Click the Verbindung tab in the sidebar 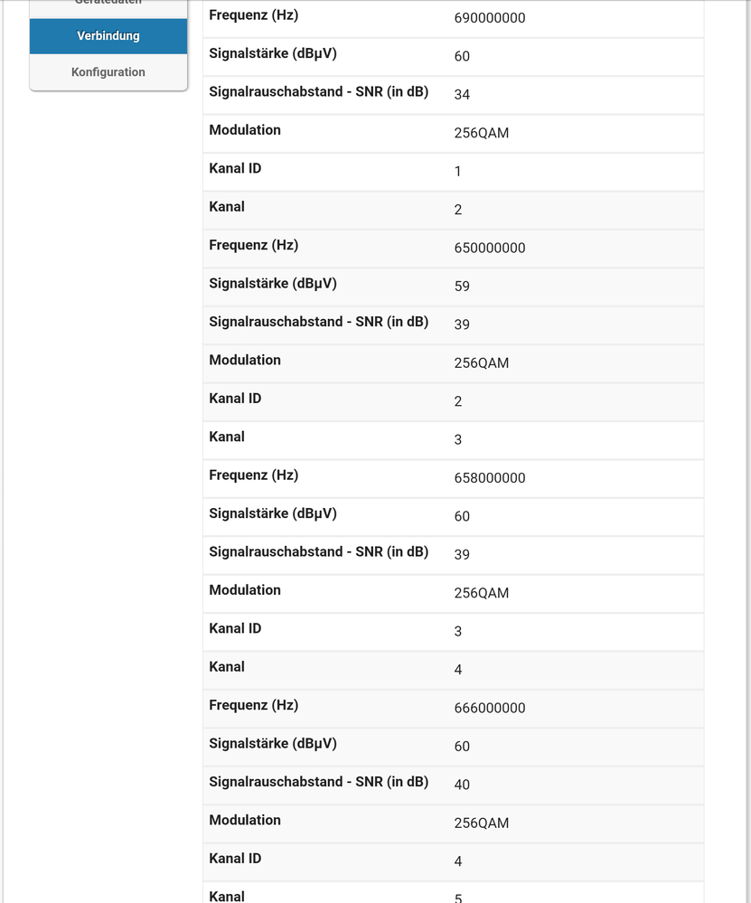(108, 36)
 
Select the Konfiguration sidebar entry (108, 72)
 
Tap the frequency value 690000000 (489, 18)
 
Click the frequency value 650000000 (489, 248)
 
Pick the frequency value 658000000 (489, 478)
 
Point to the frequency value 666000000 (489, 708)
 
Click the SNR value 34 (462, 95)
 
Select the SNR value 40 (462, 785)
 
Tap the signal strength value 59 (462, 287)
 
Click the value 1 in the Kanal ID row (458, 172)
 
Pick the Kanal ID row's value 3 (458, 632)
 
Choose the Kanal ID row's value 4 (458, 861)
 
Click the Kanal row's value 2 (458, 210)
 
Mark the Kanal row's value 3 (458, 440)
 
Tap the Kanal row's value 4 (458, 670)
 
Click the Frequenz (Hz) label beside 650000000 (253, 245)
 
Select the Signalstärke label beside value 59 (272, 283)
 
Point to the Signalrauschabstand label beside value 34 (318, 91)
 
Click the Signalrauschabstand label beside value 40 (318, 781)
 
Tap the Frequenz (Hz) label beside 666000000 (253, 705)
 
